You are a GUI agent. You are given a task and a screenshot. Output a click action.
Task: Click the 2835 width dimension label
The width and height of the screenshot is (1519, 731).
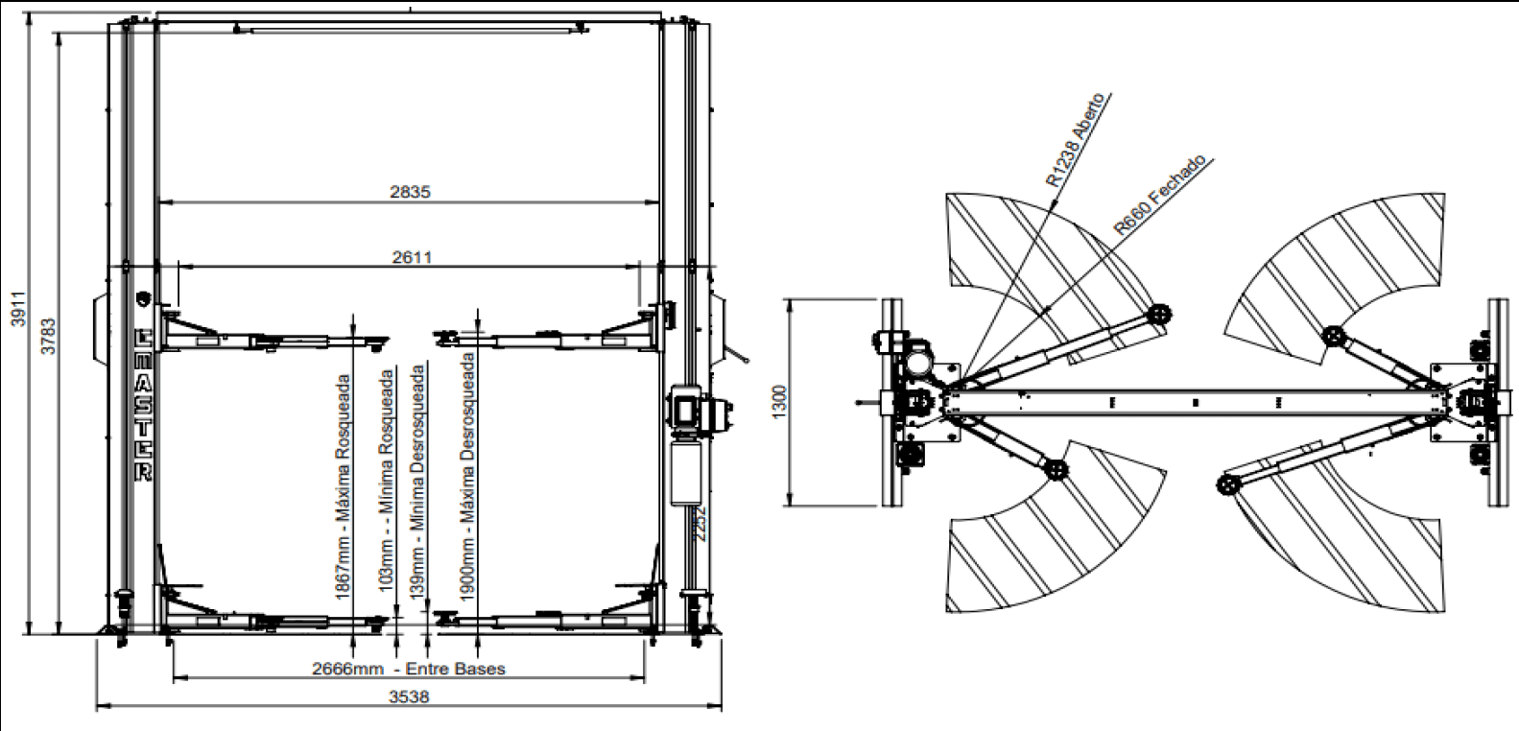click(410, 192)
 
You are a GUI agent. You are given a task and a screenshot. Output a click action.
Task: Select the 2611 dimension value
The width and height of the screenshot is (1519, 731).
click(412, 257)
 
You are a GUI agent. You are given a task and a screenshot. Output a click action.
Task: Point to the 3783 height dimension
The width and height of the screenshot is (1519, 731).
click(48, 336)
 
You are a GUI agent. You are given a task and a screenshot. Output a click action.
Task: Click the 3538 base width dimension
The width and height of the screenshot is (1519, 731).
click(409, 696)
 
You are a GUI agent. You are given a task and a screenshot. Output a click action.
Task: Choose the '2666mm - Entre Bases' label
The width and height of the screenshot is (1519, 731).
click(409, 669)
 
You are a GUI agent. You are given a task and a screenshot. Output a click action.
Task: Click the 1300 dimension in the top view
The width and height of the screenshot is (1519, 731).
click(779, 401)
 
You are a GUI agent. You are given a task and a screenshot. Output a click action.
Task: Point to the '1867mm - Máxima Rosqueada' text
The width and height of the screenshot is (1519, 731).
click(343, 487)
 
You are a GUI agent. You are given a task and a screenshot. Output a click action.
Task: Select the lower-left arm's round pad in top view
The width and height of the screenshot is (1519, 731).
click(1056, 470)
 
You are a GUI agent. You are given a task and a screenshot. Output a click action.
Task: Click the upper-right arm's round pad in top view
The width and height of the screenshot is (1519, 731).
click(1333, 336)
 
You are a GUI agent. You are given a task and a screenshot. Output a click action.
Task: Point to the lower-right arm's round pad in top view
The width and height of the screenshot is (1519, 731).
click(1227, 485)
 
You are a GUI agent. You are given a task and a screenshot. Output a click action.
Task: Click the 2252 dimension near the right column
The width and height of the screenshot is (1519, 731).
click(700, 524)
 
